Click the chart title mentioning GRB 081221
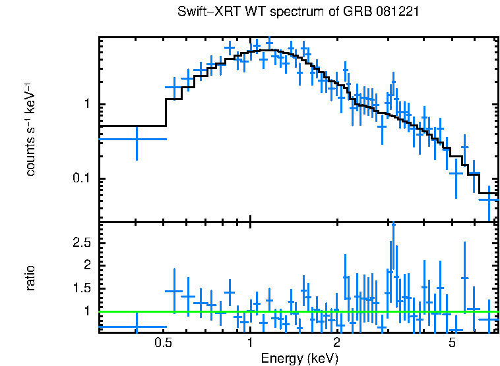pyautogui.click(x=298, y=12)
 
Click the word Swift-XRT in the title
pyautogui.click(x=203, y=12)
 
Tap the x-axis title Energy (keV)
pyautogui.click(x=299, y=358)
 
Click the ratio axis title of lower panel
pyautogui.click(x=30, y=278)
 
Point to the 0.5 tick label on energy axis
pyautogui.click(x=163, y=343)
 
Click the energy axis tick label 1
pyautogui.click(x=250, y=343)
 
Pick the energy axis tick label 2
pyautogui.click(x=336, y=343)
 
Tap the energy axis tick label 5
pyautogui.click(x=452, y=343)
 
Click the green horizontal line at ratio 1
pyautogui.click(x=297, y=312)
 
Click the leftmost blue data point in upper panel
pyautogui.click(x=137, y=139)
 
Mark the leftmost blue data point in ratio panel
pyautogui.click(x=137, y=327)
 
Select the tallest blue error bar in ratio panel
pyautogui.click(x=393, y=263)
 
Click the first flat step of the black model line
pyautogui.click(x=132, y=126)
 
